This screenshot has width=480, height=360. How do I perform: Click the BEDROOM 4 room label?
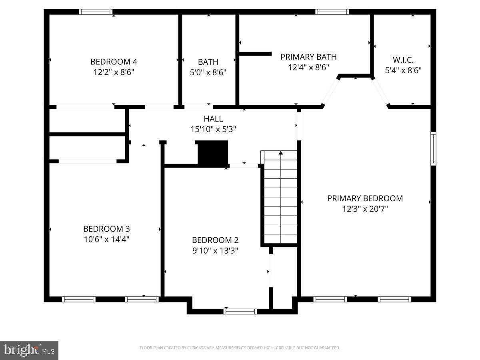pos(114,62)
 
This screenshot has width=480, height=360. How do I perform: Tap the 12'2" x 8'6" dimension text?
pos(114,72)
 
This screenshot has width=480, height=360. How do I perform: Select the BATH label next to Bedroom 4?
pos(208,62)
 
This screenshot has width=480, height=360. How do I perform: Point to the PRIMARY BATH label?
pos(308,57)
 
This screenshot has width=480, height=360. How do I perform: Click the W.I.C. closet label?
pos(403,60)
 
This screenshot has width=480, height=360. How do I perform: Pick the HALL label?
pos(213,119)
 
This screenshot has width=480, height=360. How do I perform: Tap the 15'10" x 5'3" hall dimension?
pos(213,129)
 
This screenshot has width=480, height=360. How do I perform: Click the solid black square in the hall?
pos(213,152)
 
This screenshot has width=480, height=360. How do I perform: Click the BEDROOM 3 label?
pos(106,229)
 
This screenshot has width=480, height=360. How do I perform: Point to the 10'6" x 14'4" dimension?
pos(106,240)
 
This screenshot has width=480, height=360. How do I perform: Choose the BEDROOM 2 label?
pos(215,240)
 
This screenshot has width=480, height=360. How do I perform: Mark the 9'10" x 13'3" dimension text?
pos(215,251)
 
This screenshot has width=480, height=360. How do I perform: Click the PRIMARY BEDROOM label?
pos(365,198)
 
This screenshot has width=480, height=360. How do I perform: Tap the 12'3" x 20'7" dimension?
pos(365,209)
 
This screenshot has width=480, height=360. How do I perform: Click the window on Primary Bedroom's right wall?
pos(433,149)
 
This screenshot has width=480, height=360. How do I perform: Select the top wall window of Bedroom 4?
pos(96,12)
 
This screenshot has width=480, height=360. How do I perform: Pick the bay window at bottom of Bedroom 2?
pos(240,311)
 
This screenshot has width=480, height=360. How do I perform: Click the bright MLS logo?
pos(29,350)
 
